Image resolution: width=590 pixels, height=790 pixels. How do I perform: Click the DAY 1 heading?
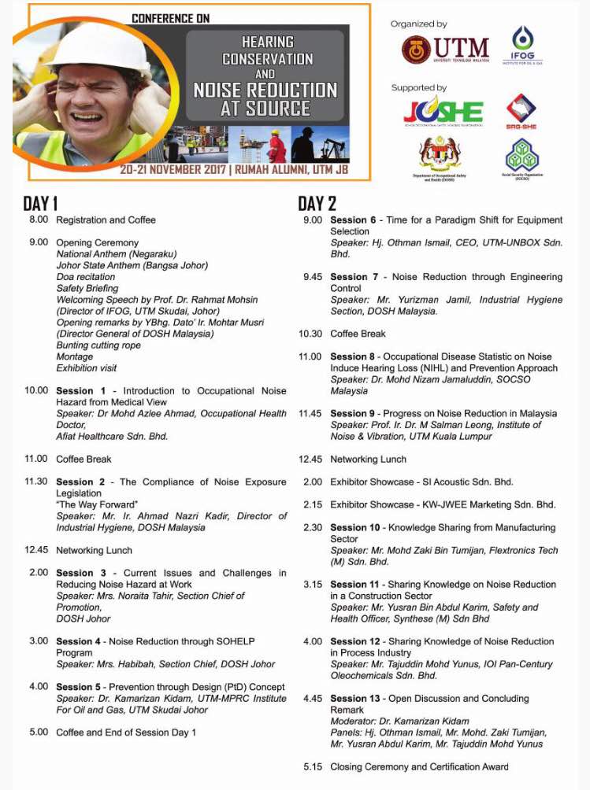(x=40, y=205)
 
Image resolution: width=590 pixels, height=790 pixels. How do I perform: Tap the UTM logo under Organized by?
(x=444, y=50)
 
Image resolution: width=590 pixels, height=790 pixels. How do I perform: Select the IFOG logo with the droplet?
(x=522, y=46)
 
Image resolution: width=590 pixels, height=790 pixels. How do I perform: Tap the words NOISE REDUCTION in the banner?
(x=265, y=90)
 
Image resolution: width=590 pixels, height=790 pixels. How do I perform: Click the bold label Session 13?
(x=351, y=698)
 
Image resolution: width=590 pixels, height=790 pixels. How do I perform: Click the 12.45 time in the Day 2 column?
(x=310, y=459)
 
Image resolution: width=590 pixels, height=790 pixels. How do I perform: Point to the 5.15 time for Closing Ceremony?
(x=313, y=766)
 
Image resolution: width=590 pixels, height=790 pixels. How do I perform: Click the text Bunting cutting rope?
(x=98, y=345)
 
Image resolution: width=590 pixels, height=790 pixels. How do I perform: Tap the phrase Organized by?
(x=418, y=24)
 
